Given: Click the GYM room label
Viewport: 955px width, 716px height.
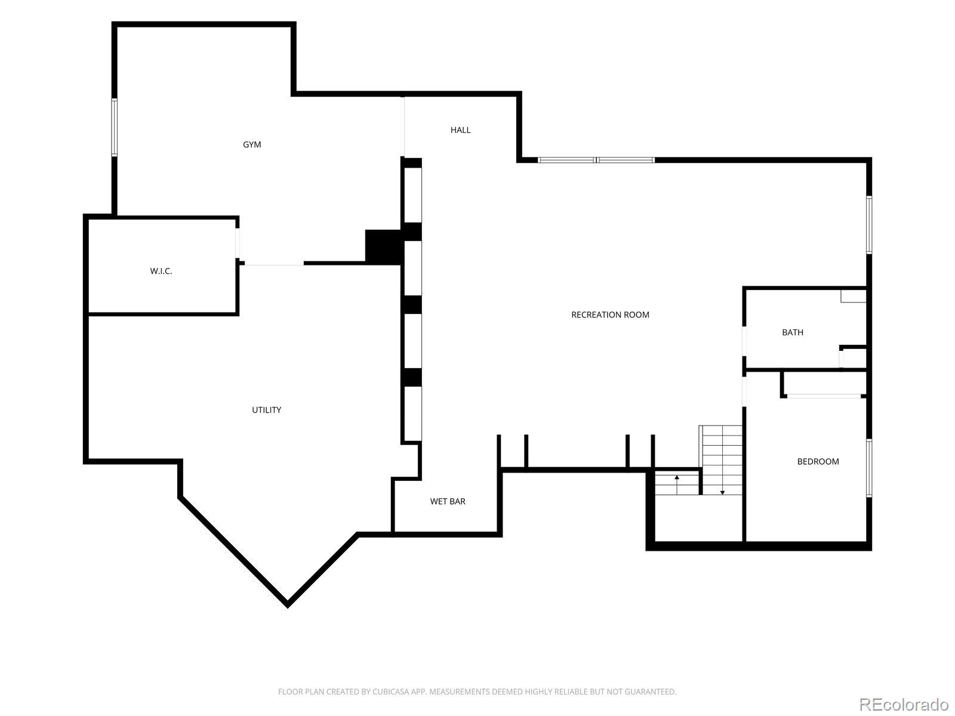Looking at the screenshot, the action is tap(252, 145).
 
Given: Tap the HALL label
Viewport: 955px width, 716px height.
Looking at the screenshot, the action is tap(460, 130).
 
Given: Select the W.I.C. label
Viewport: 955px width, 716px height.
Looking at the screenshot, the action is tap(161, 271).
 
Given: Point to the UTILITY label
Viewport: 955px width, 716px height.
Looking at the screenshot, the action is tap(266, 410).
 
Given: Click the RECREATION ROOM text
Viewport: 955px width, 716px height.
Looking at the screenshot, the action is tap(610, 315).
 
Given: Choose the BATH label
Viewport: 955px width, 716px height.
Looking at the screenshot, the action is tap(792, 332).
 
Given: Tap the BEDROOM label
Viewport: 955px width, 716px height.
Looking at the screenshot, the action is tap(818, 462).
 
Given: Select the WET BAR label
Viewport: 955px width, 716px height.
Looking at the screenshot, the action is tap(448, 501).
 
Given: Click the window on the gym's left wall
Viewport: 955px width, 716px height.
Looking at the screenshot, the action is tap(115, 127).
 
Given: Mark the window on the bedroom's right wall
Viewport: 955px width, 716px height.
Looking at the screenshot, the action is tap(869, 468).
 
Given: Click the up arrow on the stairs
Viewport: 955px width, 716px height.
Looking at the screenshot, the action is tap(677, 484).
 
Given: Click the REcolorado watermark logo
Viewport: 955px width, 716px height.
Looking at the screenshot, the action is tap(904, 704).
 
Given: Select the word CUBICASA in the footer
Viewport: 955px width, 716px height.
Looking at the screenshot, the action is tap(391, 692).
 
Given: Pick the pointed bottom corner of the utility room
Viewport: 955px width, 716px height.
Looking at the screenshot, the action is tap(288, 606).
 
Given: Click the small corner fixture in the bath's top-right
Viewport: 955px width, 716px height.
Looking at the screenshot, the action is tap(853, 296).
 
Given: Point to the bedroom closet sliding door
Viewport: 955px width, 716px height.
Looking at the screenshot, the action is tap(824, 396).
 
